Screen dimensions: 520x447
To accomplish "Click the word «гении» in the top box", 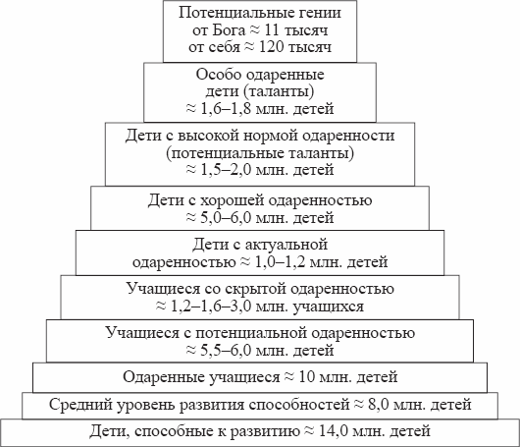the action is [320, 13].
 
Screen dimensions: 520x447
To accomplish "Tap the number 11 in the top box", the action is [272, 30].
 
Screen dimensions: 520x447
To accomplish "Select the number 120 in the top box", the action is [271, 47].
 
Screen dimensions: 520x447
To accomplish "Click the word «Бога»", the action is [229, 30].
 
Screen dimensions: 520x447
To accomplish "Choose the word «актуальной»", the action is [286, 245].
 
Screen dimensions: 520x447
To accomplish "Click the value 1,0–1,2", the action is [280, 262].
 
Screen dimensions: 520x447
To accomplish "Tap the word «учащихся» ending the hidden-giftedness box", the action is [329, 307].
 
